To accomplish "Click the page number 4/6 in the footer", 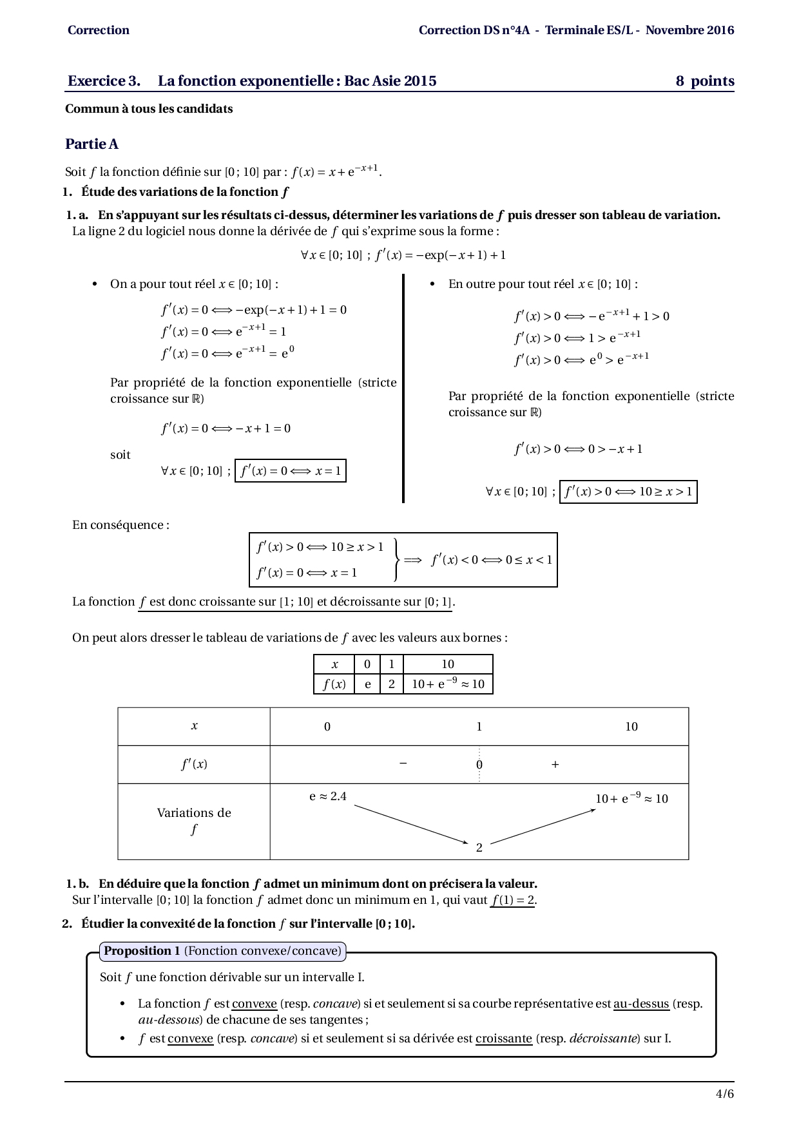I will [724, 1093].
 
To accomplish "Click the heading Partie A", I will [91, 144].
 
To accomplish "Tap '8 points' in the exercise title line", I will [705, 81].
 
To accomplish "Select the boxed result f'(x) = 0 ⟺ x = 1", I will [291, 471].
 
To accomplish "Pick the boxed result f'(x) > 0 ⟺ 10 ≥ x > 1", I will [628, 492].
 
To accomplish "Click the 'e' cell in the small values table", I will [367, 684].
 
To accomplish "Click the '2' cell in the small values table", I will [391, 684].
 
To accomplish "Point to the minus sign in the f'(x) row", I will [403, 764].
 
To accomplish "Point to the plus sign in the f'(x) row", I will [555, 765].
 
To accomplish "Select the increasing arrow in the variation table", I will [543, 826].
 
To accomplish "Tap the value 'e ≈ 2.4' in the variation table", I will [327, 797].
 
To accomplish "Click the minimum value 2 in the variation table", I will [479, 848].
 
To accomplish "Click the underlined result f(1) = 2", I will [512, 901].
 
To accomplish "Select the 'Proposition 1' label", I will [142, 951].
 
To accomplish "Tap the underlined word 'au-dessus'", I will [640, 1004].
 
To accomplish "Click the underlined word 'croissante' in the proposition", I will [503, 1039].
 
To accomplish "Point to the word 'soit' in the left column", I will [120, 455].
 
